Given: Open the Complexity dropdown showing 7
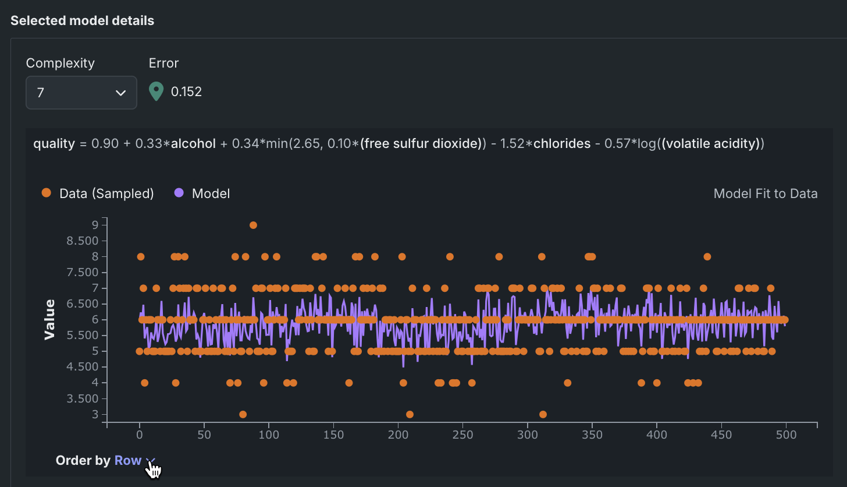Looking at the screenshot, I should (x=81, y=93).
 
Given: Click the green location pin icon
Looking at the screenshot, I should (x=156, y=91).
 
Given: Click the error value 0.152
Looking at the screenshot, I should (x=186, y=91).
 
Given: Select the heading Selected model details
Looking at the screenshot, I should (x=82, y=21).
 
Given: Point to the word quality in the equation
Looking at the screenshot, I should (x=54, y=143).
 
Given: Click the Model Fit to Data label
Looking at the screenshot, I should (x=765, y=193).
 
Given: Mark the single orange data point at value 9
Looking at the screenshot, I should (x=253, y=225).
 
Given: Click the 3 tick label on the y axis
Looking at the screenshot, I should (x=95, y=415).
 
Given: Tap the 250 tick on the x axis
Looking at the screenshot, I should (x=462, y=435).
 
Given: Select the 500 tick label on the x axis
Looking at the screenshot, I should (x=786, y=435).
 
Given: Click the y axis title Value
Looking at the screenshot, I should (x=49, y=319).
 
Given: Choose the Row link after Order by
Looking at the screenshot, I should (x=128, y=460).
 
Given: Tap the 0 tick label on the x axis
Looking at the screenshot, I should (x=140, y=435).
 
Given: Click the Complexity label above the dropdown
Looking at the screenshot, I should (x=61, y=63).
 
